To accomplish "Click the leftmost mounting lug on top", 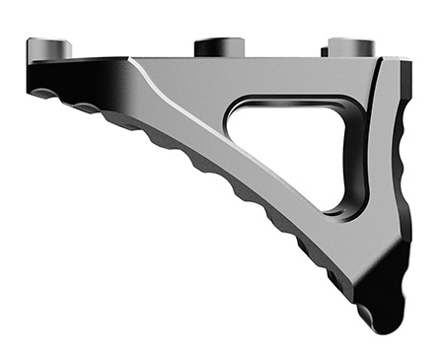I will [49, 47].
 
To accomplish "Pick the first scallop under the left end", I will [44, 96].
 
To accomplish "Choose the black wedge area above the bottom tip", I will [390, 271].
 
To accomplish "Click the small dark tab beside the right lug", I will [323, 49].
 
